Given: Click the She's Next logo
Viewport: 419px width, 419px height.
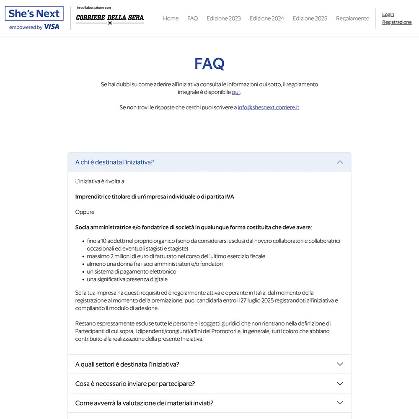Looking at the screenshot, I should [x=34, y=13].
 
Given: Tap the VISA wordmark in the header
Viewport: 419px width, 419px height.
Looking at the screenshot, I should [x=52, y=27].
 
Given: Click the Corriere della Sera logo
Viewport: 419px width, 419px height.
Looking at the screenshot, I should [x=110, y=18].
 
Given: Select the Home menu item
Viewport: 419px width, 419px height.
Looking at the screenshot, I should [x=171, y=18].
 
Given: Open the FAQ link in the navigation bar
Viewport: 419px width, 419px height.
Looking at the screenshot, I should [x=192, y=18].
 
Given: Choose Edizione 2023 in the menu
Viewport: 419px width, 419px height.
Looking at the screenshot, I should [x=224, y=18].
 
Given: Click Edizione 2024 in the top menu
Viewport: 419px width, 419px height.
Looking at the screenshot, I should [x=266, y=18].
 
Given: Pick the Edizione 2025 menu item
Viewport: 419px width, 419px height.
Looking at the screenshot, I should [x=310, y=18].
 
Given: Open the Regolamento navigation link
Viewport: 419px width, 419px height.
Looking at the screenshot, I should [x=352, y=18].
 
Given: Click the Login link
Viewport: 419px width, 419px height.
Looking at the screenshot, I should [x=388, y=15].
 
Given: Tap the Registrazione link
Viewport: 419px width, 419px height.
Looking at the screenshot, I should [x=397, y=22].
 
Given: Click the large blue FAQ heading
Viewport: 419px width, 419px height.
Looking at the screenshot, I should [x=209, y=64].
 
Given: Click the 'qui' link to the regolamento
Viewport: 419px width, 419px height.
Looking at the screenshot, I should [x=236, y=92].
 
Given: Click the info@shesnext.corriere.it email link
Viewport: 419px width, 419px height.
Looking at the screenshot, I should [x=268, y=108].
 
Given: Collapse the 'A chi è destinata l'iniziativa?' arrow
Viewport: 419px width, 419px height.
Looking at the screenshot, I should [x=340, y=162].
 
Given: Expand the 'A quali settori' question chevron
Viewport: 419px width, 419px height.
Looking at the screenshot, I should [x=340, y=364].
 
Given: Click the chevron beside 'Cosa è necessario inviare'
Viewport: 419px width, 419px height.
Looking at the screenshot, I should [x=340, y=383].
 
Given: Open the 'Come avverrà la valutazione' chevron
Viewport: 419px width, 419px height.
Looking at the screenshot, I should [x=340, y=403].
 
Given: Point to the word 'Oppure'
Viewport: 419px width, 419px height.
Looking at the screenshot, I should [x=85, y=212].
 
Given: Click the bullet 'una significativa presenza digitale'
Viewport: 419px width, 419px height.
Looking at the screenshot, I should [x=127, y=279].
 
